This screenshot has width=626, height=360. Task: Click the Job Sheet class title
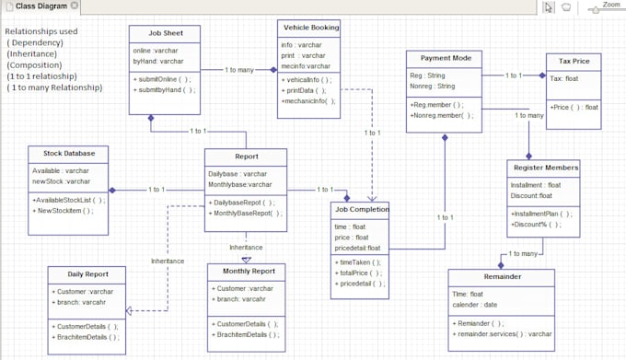coord(166,33)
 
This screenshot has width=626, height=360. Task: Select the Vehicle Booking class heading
coord(310,28)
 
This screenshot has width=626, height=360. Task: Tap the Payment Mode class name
coord(445,58)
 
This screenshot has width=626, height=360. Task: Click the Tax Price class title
coord(574,60)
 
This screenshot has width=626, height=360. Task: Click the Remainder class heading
coord(502,276)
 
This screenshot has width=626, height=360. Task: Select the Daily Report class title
coord(87,273)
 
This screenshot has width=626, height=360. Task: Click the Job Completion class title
coord(361,209)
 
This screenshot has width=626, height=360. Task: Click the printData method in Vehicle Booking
coord(305,90)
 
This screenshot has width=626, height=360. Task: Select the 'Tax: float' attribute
coord(564,78)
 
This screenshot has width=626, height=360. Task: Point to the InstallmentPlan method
coord(542,213)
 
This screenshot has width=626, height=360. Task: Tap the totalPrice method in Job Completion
coord(358,273)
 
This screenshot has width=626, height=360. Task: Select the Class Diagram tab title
coord(41,6)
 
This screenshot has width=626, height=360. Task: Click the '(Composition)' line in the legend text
coord(35,65)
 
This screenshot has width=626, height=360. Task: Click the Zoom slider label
coord(610,4)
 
